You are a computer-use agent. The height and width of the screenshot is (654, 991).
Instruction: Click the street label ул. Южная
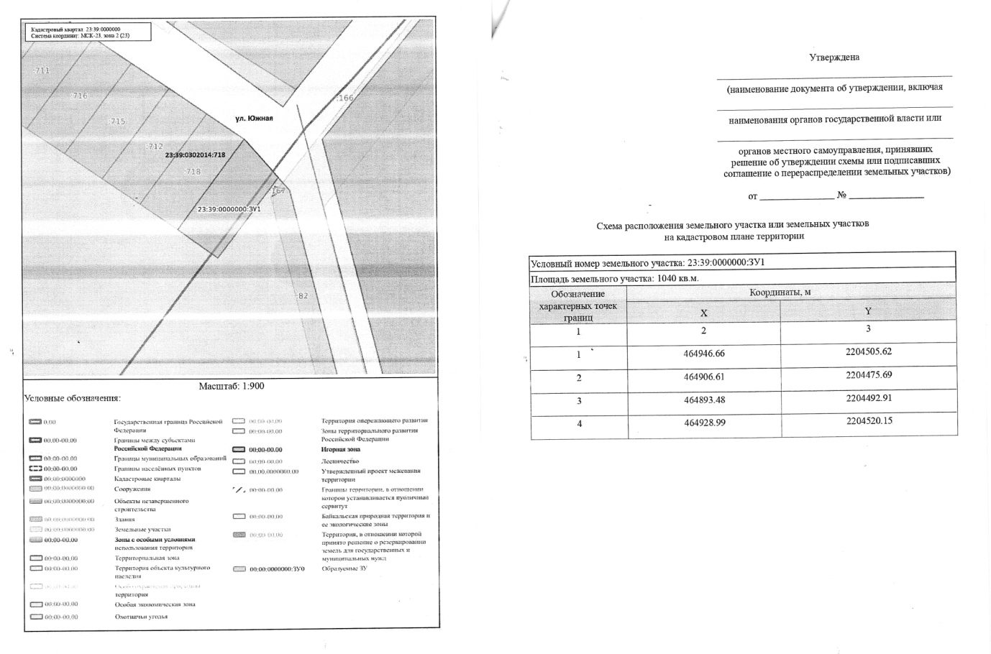click(254, 119)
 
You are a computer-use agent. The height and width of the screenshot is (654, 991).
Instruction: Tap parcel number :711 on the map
click(42, 70)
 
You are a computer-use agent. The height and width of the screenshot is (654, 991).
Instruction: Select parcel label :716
click(79, 96)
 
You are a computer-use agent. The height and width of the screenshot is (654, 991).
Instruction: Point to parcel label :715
click(117, 121)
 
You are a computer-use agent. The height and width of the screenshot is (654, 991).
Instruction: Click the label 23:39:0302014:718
click(195, 155)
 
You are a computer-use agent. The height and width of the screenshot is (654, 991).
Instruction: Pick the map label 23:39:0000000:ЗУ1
click(229, 209)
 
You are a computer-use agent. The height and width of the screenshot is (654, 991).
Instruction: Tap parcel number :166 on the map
click(346, 98)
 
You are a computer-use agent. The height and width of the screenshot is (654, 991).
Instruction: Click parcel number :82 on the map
click(302, 295)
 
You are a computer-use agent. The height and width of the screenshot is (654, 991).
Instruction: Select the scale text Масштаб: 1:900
click(232, 386)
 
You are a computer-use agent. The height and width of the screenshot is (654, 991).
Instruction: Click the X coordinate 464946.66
click(704, 354)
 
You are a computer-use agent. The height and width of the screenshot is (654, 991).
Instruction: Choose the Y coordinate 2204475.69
click(869, 374)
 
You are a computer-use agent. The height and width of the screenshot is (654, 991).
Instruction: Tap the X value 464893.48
click(704, 400)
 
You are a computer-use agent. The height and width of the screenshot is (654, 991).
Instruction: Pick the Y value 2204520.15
click(869, 420)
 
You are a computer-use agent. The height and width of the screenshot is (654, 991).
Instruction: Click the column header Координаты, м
click(780, 293)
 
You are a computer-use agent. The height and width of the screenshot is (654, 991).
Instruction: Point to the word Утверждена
click(834, 57)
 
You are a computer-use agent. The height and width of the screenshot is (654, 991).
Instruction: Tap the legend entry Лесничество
click(340, 461)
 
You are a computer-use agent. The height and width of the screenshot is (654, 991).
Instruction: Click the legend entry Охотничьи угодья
click(141, 616)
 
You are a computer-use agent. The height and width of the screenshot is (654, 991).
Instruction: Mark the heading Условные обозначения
click(73, 398)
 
